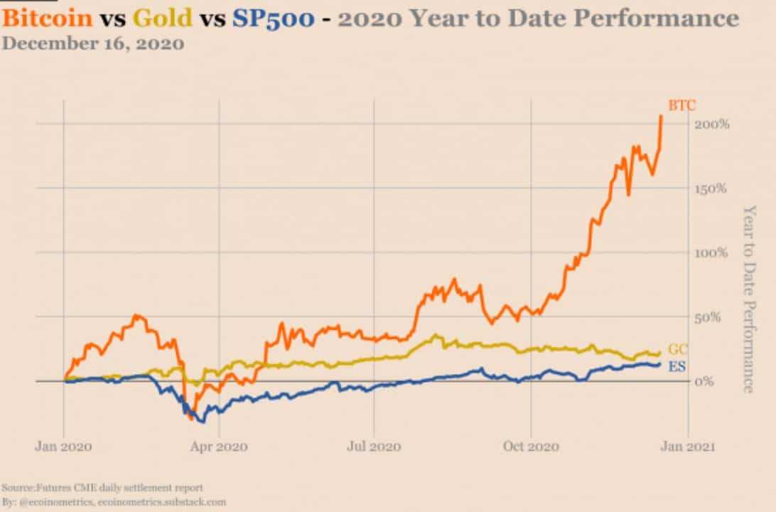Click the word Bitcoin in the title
coord(48,18)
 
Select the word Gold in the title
coord(161,18)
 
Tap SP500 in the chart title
coord(272,18)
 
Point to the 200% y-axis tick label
coord(712,124)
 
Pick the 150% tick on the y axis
coord(712,188)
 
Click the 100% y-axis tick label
coord(712,252)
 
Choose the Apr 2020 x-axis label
coord(220,447)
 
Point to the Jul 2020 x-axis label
coord(374,447)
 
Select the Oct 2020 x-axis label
coord(532,447)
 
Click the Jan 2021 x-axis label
coord(686,447)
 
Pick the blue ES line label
coord(677,366)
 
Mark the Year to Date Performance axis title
coord(748,299)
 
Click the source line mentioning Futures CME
coord(102,488)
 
